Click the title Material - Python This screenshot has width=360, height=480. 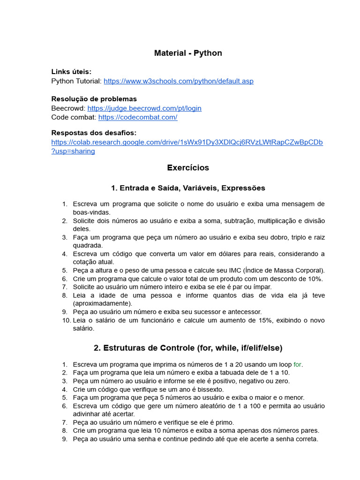(188, 53)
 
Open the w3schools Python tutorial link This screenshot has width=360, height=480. (178, 81)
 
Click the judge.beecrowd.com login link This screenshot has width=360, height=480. (144, 108)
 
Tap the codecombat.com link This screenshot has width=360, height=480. (138, 117)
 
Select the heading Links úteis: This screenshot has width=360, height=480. (71, 72)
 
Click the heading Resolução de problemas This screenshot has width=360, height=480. (94, 99)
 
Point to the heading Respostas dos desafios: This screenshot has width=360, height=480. (94, 133)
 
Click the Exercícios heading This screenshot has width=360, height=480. (188, 167)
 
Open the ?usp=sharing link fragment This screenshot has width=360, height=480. (73, 151)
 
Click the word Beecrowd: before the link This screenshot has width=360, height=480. (68, 108)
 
